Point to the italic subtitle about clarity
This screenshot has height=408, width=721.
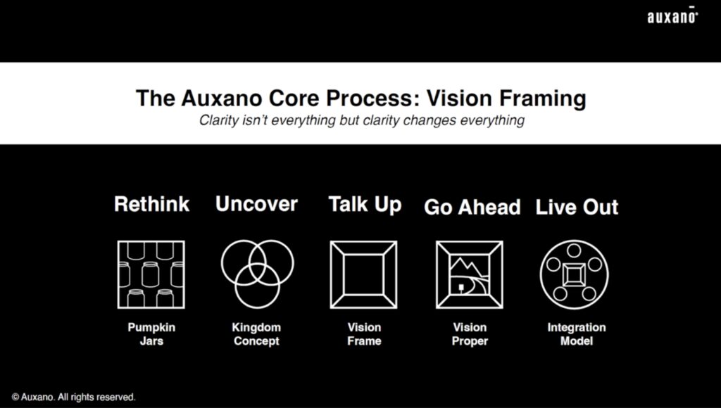coord(361,120)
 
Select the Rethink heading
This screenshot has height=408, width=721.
coord(152,204)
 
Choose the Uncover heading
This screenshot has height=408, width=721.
coord(256,204)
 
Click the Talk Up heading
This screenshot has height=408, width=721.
coord(365,205)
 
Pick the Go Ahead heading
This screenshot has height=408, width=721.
coord(472,208)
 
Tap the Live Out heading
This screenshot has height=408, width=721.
coord(577,208)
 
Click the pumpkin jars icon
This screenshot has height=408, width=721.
coord(151,274)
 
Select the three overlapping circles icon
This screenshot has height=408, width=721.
coord(257,273)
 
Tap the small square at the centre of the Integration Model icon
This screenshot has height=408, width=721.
coord(574,275)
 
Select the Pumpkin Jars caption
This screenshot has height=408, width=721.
coord(151,334)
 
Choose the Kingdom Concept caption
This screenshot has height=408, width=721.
coord(256,334)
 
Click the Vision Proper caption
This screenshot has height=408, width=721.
coord(470,334)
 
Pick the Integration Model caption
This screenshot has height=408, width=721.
coord(576,334)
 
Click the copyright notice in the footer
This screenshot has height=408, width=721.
coord(73,397)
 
